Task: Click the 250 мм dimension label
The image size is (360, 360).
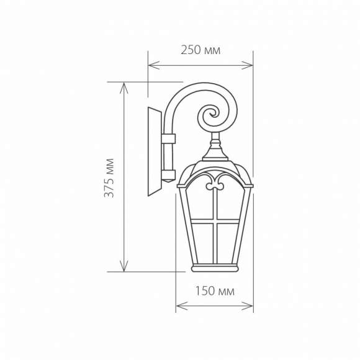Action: point(200,50)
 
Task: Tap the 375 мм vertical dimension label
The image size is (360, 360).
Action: point(110,178)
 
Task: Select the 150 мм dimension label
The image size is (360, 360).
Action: point(215,291)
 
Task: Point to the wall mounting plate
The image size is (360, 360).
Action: point(154,151)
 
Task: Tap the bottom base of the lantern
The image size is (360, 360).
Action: point(215,268)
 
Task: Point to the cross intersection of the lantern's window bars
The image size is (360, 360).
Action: point(215,221)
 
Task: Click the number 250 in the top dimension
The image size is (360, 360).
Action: point(191,50)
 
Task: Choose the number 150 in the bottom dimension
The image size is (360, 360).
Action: point(205,291)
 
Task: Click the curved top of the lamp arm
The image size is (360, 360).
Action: point(186,90)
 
